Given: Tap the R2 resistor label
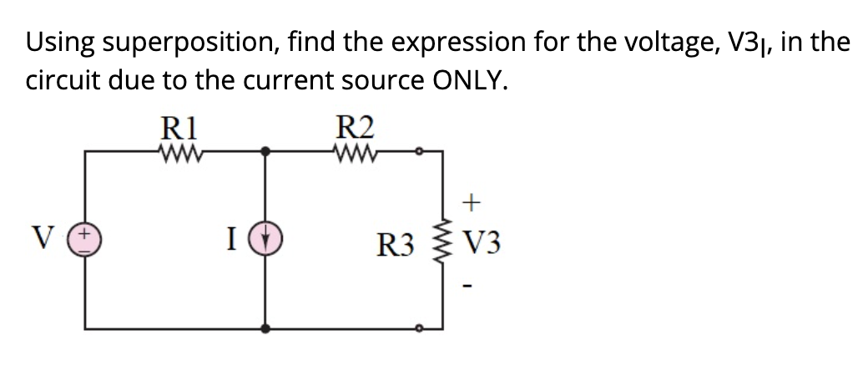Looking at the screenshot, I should [356, 128].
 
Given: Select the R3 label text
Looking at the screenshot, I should [395, 246].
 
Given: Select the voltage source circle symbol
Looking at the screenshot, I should [88, 241].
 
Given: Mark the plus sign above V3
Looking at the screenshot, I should [472, 201].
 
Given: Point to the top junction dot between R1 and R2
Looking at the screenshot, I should [266, 151].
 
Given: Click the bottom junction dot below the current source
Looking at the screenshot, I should [266, 328].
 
